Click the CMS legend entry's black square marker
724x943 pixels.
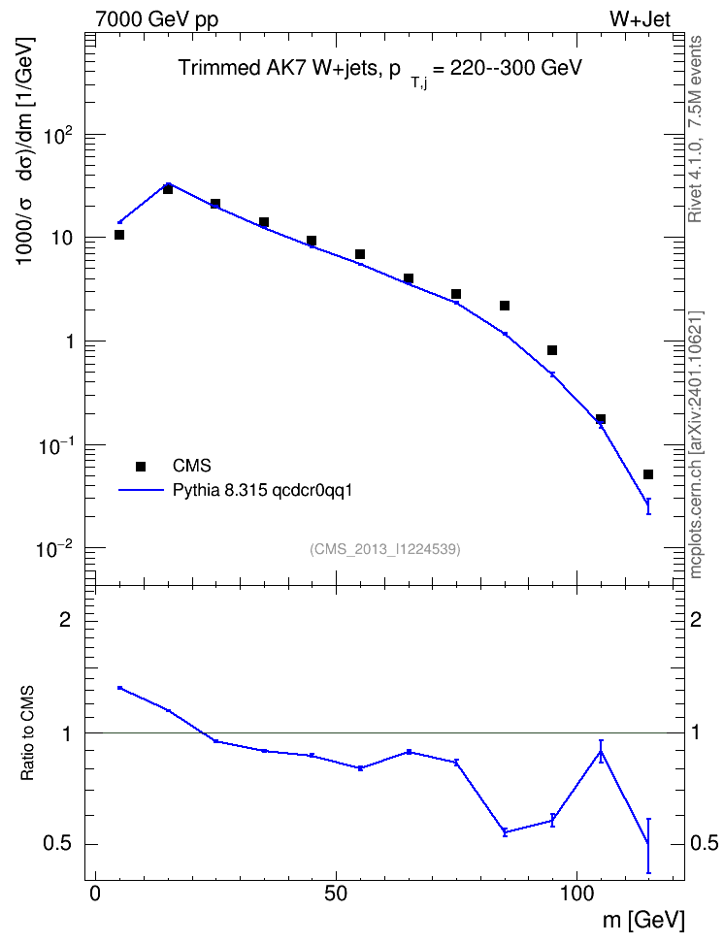point(141,466)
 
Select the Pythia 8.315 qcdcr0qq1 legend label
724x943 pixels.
point(262,491)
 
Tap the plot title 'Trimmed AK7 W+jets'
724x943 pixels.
point(277,67)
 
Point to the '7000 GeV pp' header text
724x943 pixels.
point(156,19)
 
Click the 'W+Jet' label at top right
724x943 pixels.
point(640,19)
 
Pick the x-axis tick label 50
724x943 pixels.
point(336,894)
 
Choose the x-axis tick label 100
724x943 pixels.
point(576,894)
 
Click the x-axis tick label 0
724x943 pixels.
point(95,894)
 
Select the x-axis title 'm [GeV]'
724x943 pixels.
point(643,920)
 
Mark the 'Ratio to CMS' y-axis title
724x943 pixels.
point(27,732)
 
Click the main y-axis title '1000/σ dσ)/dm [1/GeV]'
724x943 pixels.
point(26,151)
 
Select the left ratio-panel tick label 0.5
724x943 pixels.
point(58,844)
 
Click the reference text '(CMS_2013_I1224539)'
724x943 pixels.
point(385,549)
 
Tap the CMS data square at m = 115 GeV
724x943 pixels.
point(648,474)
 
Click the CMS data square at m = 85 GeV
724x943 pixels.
point(505,306)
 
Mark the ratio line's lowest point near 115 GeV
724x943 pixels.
point(648,844)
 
